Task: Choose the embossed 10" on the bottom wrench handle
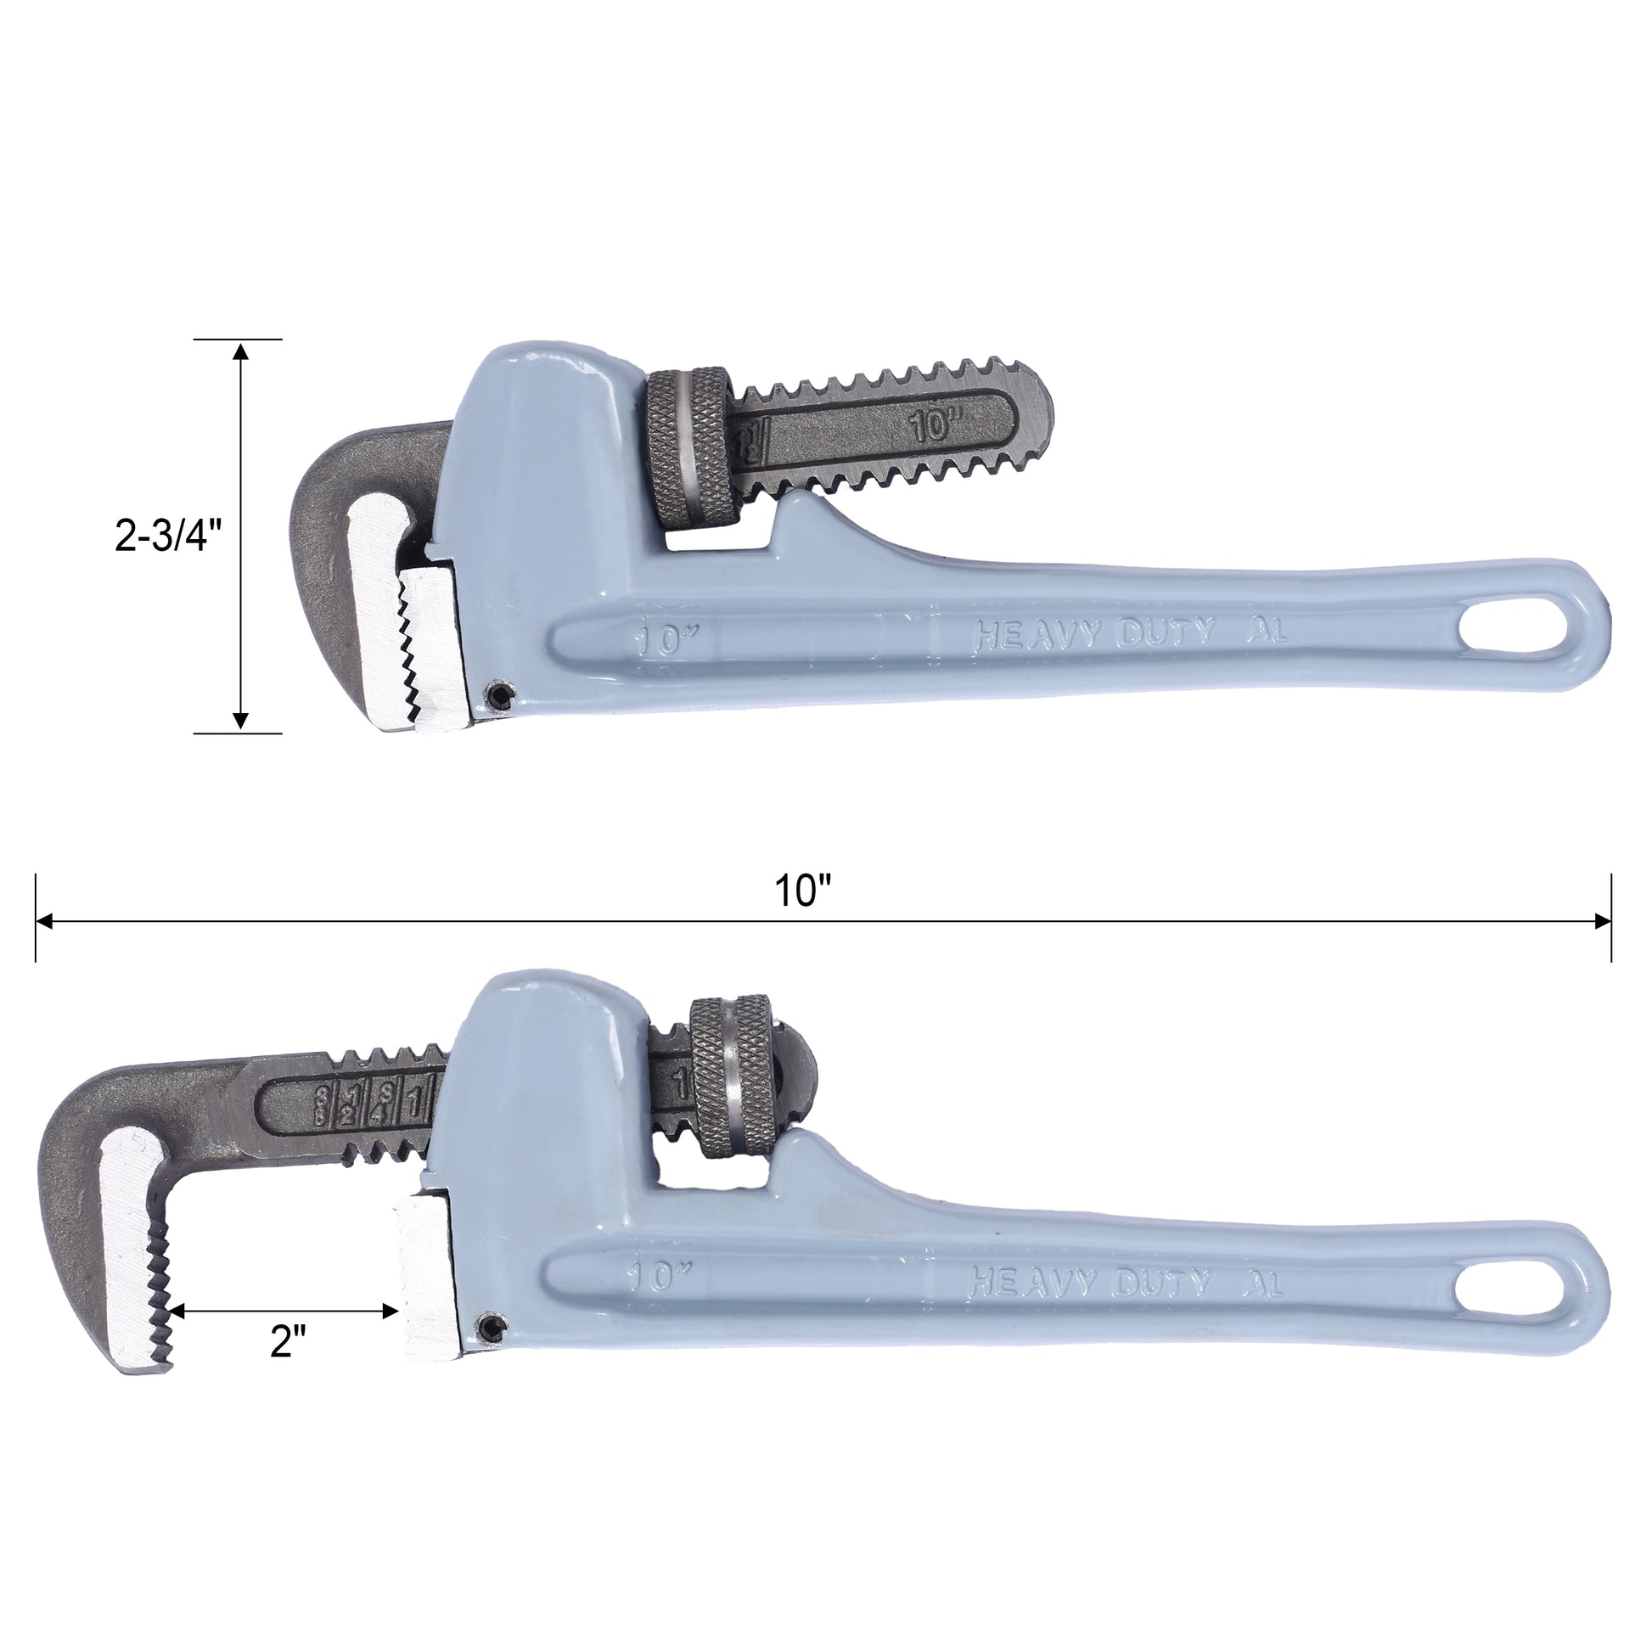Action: [659, 1277]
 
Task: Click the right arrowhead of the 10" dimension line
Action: [1603, 922]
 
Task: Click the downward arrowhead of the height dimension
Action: [241, 722]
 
